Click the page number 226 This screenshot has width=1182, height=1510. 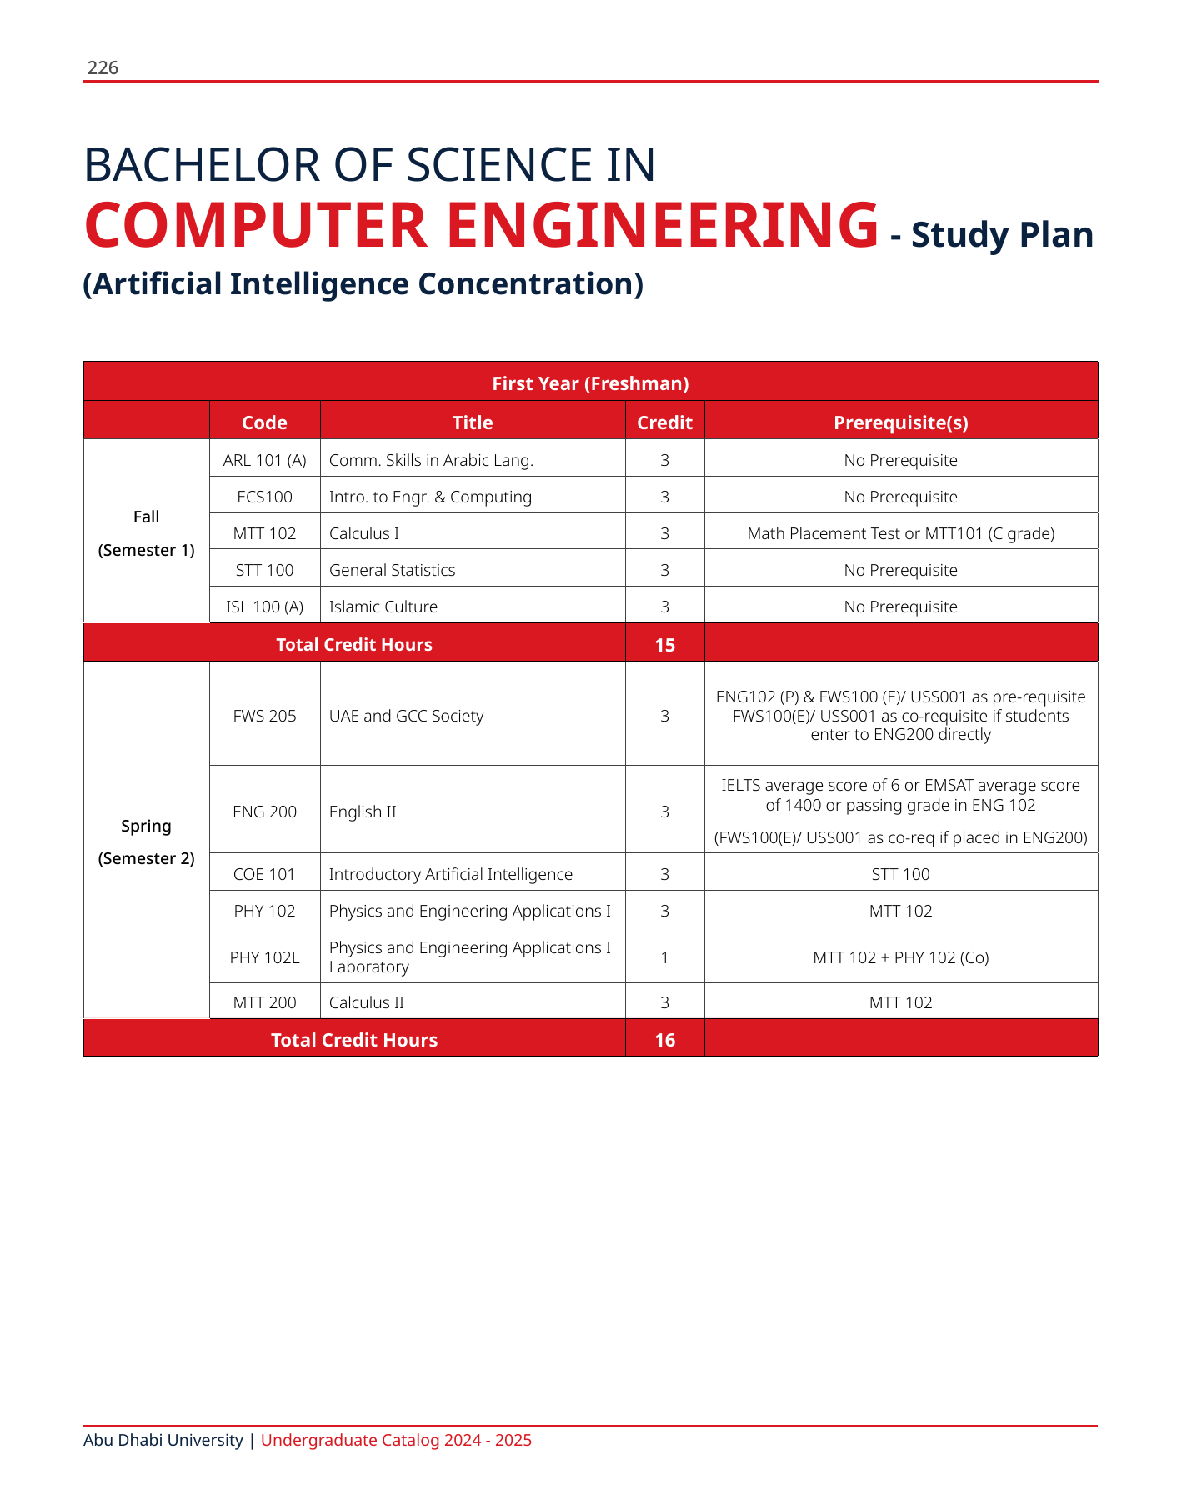click(x=103, y=68)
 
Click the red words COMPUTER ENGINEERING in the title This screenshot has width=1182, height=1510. click(x=481, y=225)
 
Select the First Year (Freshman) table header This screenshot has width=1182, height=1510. click(x=590, y=383)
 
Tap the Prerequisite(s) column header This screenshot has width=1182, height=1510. click(x=900, y=422)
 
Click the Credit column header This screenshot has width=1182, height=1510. click(x=664, y=422)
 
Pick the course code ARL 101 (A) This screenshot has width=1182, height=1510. click(x=264, y=460)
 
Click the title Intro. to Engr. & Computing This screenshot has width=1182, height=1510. click(x=430, y=497)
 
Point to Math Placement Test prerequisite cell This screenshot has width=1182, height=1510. click(x=900, y=533)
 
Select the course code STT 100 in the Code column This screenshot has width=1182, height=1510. click(x=264, y=570)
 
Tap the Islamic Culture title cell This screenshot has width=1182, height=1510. click(x=383, y=607)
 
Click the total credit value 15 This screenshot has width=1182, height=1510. click(x=664, y=645)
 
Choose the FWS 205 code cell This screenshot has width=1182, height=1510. click(x=264, y=716)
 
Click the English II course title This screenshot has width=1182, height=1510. click(x=363, y=812)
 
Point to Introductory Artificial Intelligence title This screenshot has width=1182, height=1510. click(x=450, y=874)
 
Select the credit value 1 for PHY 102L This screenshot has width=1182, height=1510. click(x=664, y=957)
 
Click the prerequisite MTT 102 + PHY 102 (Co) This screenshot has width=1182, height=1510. click(x=900, y=957)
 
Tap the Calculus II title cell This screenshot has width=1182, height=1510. click(x=367, y=1002)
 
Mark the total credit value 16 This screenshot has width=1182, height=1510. click(x=664, y=1040)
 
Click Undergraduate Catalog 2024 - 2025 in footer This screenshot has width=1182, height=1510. click(x=396, y=1440)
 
